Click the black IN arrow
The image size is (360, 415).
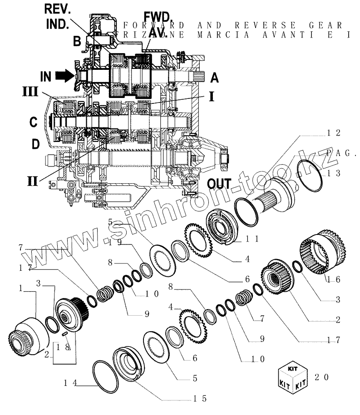point(66,75)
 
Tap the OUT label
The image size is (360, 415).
point(220,184)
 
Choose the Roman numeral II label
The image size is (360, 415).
point(32,181)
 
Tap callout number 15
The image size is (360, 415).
point(200,399)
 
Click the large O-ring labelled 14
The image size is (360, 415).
point(104,376)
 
